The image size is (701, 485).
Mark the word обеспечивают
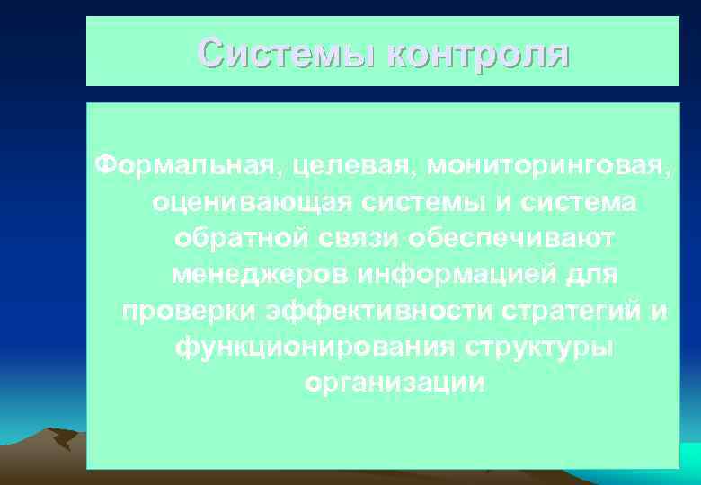pyautogui.click(x=510, y=239)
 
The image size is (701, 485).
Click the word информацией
pyautogui.click(x=448, y=275)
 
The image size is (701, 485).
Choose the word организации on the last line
pyautogui.click(x=395, y=384)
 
